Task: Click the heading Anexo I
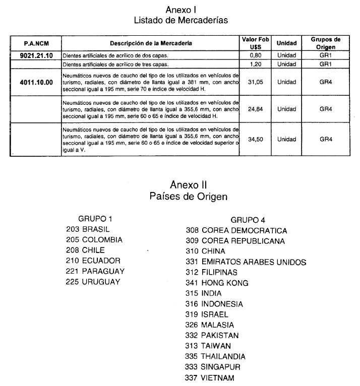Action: tap(181, 10)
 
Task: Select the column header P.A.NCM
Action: tap(36, 43)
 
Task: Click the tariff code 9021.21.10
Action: tap(36, 55)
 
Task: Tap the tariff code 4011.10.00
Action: tap(36, 82)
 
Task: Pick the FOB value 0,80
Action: tap(256, 55)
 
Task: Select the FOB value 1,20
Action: tap(256, 65)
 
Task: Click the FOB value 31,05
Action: tap(256, 82)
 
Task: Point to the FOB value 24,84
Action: tap(256, 109)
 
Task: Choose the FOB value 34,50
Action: tap(256, 139)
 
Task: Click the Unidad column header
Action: tap(286, 43)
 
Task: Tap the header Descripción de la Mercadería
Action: tap(151, 43)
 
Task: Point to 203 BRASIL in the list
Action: tap(88, 229)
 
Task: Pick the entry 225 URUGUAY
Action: tap(93, 282)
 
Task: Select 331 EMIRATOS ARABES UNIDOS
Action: tap(246, 262)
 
